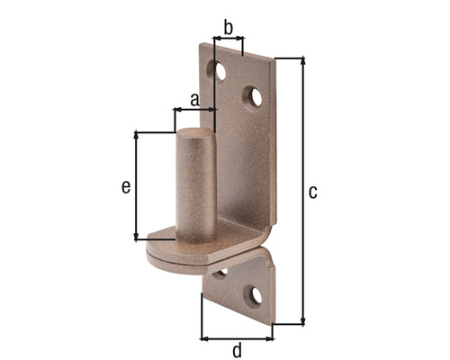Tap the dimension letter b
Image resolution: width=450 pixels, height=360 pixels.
[228, 28]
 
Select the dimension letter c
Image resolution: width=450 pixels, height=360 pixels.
[312, 192]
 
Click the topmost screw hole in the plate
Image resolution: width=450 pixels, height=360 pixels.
[217, 67]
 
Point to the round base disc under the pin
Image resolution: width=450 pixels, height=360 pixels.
[180, 252]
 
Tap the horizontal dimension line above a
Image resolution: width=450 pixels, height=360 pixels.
[194, 110]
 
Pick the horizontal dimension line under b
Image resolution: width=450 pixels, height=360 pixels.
[228, 40]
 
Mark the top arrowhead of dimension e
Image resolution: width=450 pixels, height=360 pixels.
[137, 135]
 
